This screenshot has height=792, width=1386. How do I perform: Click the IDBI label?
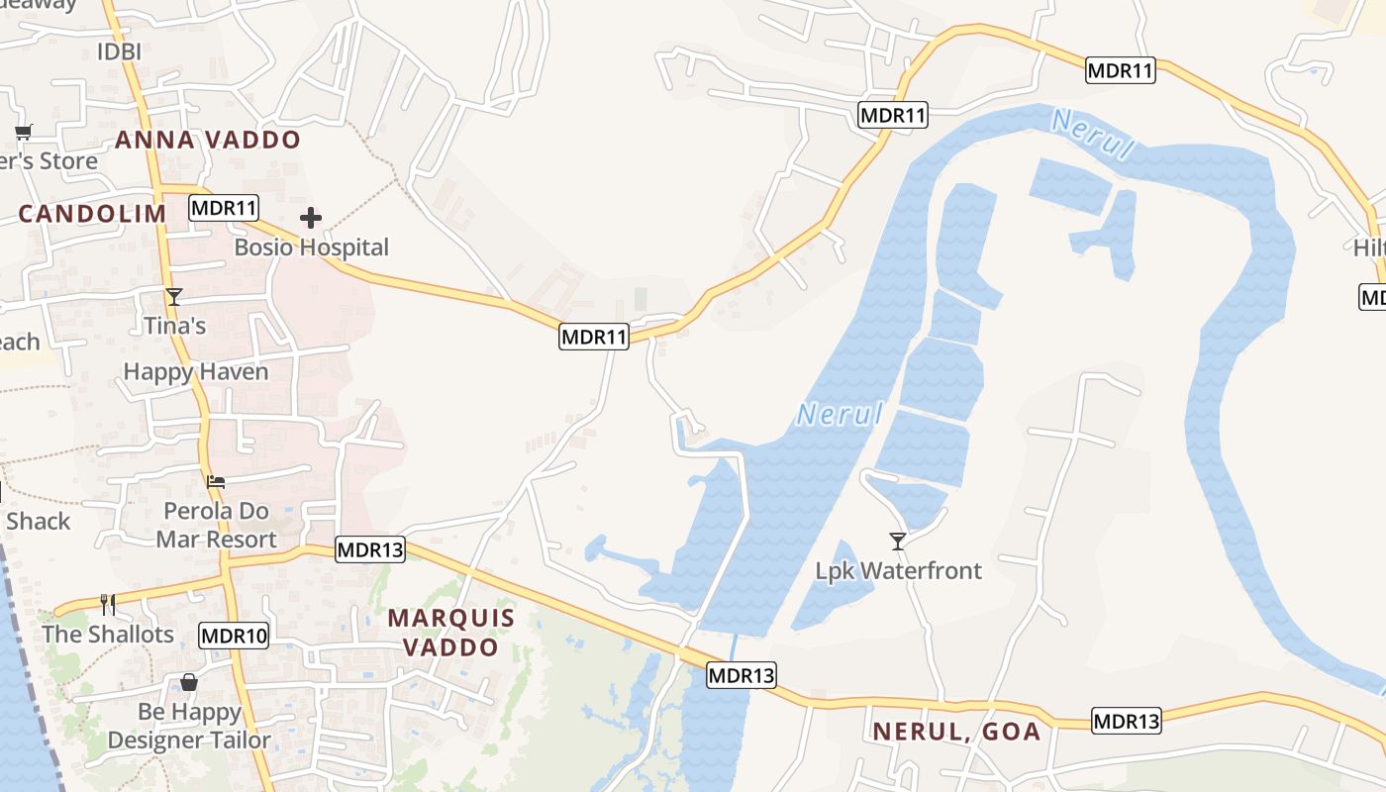119,51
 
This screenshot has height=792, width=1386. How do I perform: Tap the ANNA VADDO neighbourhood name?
207,140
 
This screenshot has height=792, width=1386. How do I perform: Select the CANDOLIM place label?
92,214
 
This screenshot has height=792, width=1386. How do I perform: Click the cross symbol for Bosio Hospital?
311,218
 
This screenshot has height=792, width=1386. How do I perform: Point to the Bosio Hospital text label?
311,247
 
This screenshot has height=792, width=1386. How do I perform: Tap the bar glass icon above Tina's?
174,296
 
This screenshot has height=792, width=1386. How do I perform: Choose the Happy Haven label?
195,372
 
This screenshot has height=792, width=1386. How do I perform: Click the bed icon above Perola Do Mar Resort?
216,482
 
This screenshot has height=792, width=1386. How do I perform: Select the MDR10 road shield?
234,636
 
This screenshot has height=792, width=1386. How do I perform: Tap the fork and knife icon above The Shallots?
108,604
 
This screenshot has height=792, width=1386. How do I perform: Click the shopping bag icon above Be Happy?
189,682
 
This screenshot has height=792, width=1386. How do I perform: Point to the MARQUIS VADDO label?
451,634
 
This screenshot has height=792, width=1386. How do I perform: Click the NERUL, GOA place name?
955,732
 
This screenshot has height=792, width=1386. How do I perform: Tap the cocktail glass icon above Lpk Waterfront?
898,541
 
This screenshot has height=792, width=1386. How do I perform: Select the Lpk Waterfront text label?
898,570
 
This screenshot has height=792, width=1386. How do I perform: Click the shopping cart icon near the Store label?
24,132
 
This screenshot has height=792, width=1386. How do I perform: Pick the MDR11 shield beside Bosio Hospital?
224,208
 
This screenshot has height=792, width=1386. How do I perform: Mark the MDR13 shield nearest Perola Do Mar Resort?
370,549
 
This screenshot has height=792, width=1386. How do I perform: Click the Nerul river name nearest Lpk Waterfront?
839,414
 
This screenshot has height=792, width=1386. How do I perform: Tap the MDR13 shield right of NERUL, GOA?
1126,721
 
